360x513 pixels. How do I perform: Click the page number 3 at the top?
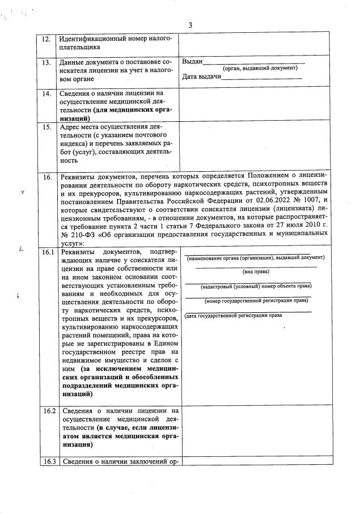tap(190, 25)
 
